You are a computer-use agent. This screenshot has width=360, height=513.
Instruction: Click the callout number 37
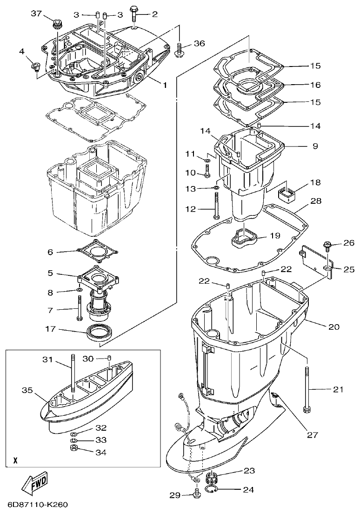(37, 13)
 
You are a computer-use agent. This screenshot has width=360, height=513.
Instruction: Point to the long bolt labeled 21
(307, 389)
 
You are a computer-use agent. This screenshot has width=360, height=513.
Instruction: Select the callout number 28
(315, 201)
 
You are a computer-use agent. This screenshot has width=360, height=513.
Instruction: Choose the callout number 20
(334, 327)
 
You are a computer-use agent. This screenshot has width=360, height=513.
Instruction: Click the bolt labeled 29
(196, 494)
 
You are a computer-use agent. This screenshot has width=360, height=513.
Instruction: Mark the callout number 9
(315, 146)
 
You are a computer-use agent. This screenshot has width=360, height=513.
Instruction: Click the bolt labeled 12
(216, 205)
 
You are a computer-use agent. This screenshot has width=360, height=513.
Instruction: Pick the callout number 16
(315, 85)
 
